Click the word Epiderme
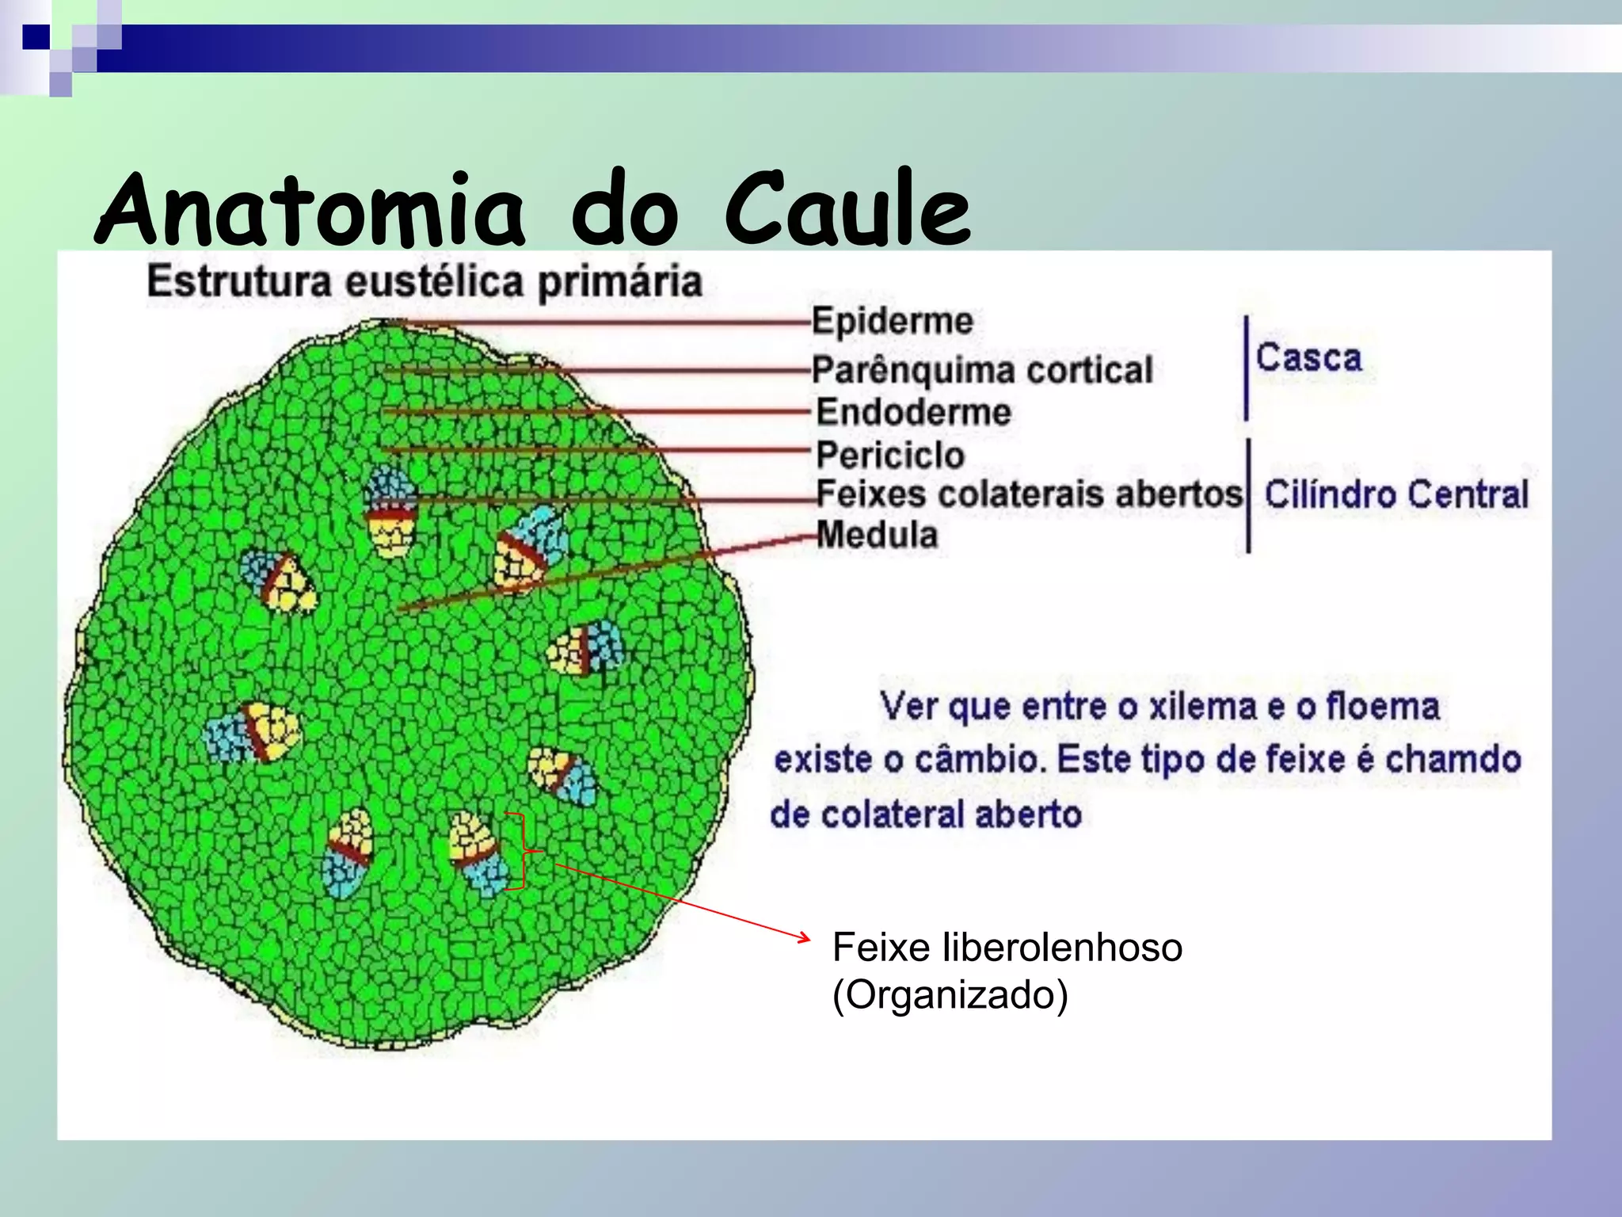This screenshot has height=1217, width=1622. pos(893,321)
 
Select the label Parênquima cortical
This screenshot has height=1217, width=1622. pos(982,370)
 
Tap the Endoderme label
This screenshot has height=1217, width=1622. pos(913,412)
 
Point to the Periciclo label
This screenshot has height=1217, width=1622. pos(890,455)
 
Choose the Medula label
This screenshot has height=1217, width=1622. pos(877,535)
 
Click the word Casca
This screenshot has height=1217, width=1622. pos(1308,357)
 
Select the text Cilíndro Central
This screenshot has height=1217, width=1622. pos(1395,494)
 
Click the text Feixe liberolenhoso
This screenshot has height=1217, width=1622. pos(1007,947)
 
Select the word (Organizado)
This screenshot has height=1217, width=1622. pos(950,994)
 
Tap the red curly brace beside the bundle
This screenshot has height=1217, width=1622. pos(524,852)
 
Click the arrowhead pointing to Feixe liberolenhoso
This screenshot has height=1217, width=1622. pos(804,939)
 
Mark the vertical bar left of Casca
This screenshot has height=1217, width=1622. pos(1247,368)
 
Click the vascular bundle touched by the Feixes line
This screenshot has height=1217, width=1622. pos(390,511)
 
